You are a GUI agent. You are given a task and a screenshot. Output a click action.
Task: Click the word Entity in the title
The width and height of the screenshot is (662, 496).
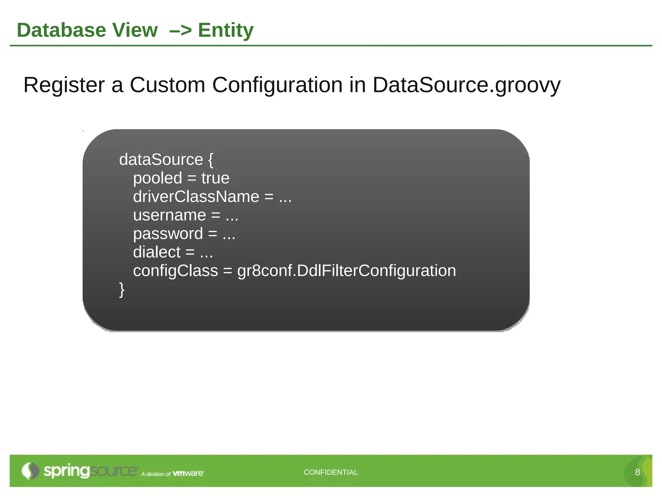pos(226,30)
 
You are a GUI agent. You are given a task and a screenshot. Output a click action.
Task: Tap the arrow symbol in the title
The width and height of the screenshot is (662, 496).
pos(180,30)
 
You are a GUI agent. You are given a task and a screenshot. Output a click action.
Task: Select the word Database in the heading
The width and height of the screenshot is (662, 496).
pos(61,30)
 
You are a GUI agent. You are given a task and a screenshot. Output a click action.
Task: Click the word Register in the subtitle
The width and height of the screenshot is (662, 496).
pos(64,85)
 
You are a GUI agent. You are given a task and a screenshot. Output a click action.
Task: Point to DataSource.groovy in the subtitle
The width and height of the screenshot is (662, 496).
pos(466,85)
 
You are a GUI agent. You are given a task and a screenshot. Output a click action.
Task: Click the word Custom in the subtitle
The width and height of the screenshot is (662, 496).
pos(167,85)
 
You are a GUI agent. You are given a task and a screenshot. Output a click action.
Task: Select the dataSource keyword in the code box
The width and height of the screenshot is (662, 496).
pos(161,160)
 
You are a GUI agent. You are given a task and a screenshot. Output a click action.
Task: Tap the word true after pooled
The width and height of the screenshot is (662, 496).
pos(215,178)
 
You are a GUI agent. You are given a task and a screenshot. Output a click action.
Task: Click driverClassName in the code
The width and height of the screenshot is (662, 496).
pos(196,197)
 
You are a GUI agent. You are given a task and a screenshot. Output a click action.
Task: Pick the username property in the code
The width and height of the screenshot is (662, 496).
pos(169,215)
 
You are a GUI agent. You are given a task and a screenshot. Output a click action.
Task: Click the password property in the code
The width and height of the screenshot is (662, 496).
pos(168,234)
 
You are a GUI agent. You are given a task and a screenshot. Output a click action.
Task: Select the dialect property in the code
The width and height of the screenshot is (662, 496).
pos(157,252)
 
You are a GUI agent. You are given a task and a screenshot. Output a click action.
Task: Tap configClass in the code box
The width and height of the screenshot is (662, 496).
pos(176,271)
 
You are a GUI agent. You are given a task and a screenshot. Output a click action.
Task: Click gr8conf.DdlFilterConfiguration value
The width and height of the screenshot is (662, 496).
pos(347,271)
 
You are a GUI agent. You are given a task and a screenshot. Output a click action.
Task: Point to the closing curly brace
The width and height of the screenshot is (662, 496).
pos(122,290)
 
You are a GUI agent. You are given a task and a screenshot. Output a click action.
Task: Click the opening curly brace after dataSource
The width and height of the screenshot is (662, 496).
pos(211,160)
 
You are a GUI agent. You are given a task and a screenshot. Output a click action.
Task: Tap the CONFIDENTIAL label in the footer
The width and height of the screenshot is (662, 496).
pos(331,472)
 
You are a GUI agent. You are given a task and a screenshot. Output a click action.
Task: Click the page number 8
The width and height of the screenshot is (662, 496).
pos(637,472)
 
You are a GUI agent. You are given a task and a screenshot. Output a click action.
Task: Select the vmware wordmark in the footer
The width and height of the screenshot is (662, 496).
pos(188,473)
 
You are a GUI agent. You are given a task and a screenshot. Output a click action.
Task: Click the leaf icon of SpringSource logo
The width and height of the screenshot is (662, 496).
pos(30,471)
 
